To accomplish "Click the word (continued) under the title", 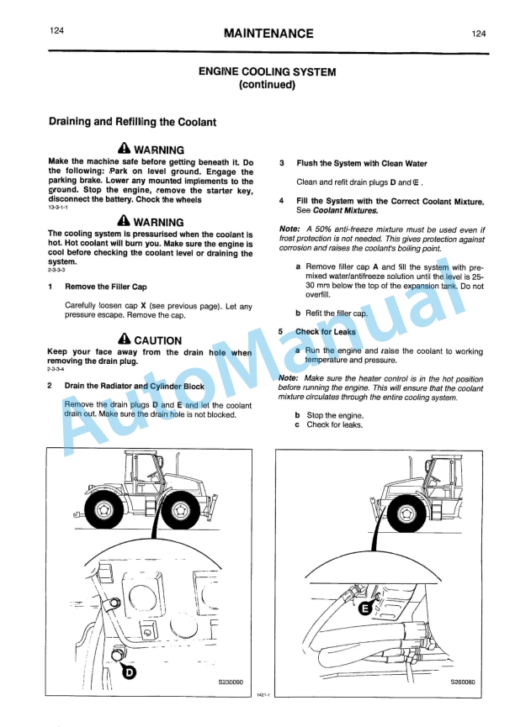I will pyautogui.click(x=267, y=85).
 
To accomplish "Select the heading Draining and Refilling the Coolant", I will pyautogui.click(x=132, y=122).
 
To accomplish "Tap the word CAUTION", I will pyautogui.click(x=157, y=340).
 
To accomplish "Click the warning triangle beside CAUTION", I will pyautogui.click(x=125, y=340).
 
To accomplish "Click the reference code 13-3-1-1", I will pyautogui.click(x=58, y=207).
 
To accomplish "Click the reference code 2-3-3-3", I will pyautogui.click(x=56, y=270).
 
